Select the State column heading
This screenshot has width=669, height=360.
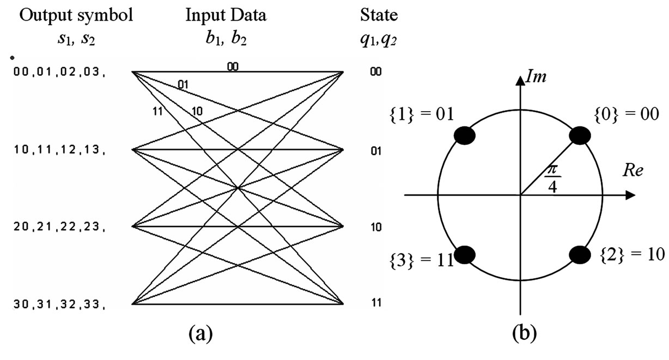click(x=379, y=15)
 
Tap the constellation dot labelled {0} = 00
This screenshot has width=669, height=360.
click(x=580, y=136)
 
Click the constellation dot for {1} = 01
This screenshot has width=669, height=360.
click(x=464, y=136)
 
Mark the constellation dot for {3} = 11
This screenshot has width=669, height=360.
click(x=464, y=254)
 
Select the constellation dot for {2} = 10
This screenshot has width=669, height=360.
click(x=580, y=254)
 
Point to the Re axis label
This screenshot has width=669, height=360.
click(x=633, y=172)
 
